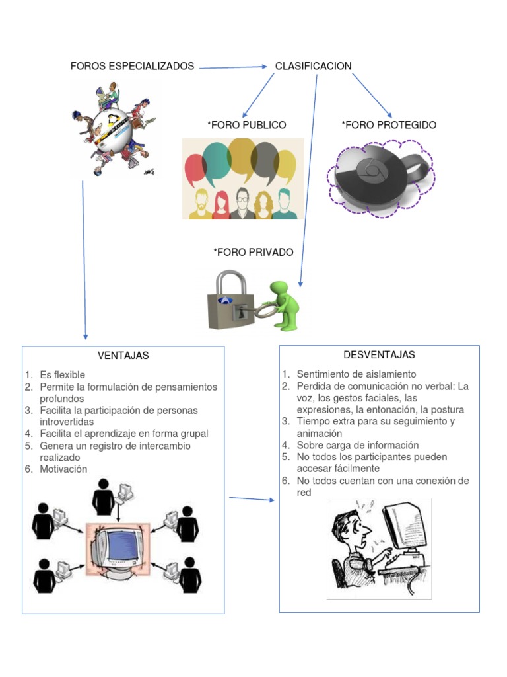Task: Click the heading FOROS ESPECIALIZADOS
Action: [x=132, y=66]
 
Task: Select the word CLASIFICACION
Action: [x=313, y=66]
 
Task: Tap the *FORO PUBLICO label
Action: [x=246, y=125]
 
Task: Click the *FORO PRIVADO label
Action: [x=253, y=252]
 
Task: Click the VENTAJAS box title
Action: [x=123, y=356]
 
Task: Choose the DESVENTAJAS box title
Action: [x=379, y=355]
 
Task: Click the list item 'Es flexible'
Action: [x=62, y=375]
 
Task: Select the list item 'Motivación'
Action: [x=63, y=469]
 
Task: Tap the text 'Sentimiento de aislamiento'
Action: [x=356, y=374]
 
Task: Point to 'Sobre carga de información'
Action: [x=357, y=445]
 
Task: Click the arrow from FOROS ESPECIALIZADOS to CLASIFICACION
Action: [x=232, y=67]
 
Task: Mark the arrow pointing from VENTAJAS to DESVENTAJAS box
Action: [x=252, y=498]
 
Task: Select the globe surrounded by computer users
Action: [x=112, y=129]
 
